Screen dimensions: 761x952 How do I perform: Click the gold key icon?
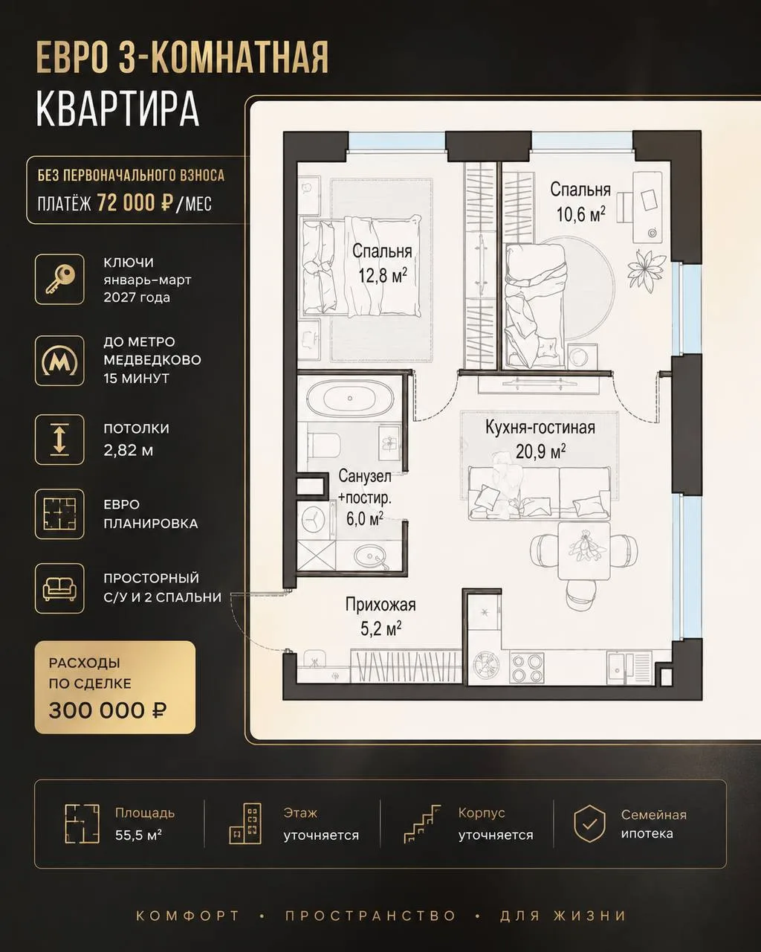(x=60, y=279)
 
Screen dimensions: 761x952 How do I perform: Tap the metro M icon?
(x=59, y=361)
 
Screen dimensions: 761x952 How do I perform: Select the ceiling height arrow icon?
(x=59, y=440)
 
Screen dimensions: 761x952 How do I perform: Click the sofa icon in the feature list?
(x=59, y=589)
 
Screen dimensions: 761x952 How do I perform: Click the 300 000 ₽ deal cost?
(x=108, y=710)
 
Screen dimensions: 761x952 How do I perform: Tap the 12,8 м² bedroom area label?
(x=383, y=276)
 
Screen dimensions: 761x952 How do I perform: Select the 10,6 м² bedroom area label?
(x=580, y=214)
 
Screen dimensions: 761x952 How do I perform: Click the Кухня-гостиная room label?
(x=540, y=428)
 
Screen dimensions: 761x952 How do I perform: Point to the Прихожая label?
(x=380, y=604)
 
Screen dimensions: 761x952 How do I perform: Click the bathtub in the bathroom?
(x=350, y=398)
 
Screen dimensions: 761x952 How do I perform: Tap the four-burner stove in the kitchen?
(x=527, y=667)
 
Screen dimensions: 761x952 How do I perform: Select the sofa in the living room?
(x=540, y=493)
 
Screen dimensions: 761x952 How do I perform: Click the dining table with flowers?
(x=584, y=550)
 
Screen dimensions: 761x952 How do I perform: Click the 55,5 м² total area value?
(x=138, y=835)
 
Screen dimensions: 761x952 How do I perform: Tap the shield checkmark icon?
(x=589, y=824)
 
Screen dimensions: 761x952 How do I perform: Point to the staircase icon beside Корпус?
(x=422, y=824)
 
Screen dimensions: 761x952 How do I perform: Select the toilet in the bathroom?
(x=324, y=444)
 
